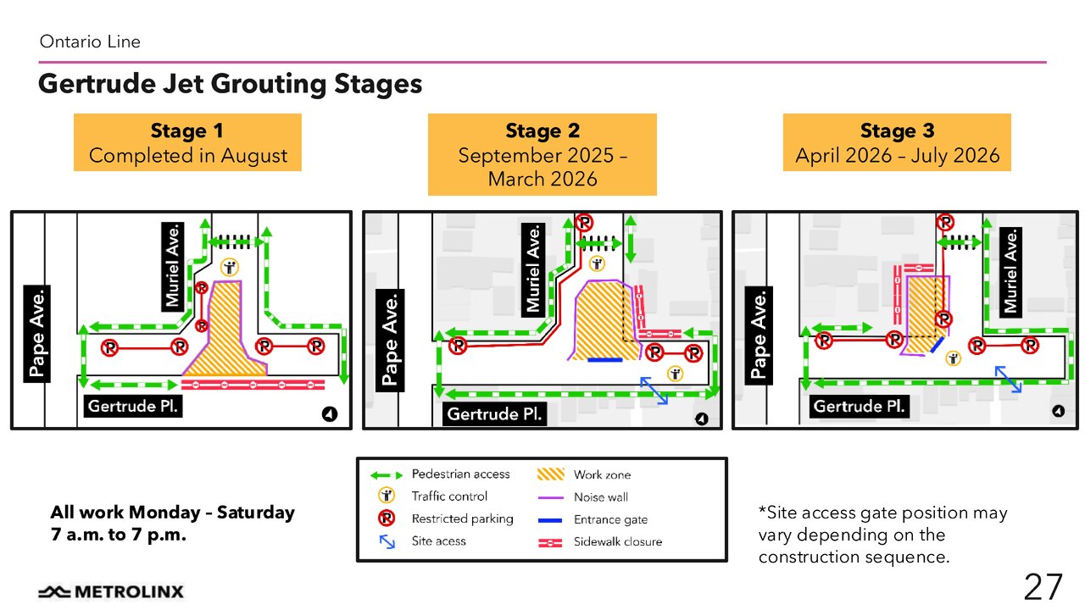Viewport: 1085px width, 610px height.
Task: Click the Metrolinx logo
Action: tap(110, 591)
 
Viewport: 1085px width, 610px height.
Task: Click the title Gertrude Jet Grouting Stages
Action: tap(230, 85)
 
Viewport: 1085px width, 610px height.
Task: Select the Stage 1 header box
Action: tap(187, 142)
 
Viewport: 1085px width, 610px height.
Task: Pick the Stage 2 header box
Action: tap(542, 154)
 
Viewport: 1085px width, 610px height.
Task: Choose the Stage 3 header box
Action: tap(897, 142)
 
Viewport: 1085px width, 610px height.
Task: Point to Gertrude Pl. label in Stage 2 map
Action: tap(495, 414)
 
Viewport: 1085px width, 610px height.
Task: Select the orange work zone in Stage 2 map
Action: tap(604, 322)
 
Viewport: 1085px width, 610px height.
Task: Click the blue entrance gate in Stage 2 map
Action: tap(604, 360)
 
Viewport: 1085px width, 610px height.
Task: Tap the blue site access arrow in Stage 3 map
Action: tap(1007, 378)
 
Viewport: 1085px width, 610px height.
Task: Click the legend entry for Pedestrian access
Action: tap(460, 474)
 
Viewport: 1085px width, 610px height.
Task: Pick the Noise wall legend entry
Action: tap(600, 497)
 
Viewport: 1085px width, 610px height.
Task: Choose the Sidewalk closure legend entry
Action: tap(617, 541)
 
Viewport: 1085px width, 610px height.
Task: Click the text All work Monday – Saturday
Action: tap(172, 513)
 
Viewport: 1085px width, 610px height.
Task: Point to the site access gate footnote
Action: tap(882, 535)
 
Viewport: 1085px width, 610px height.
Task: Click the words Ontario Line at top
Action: tap(90, 42)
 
